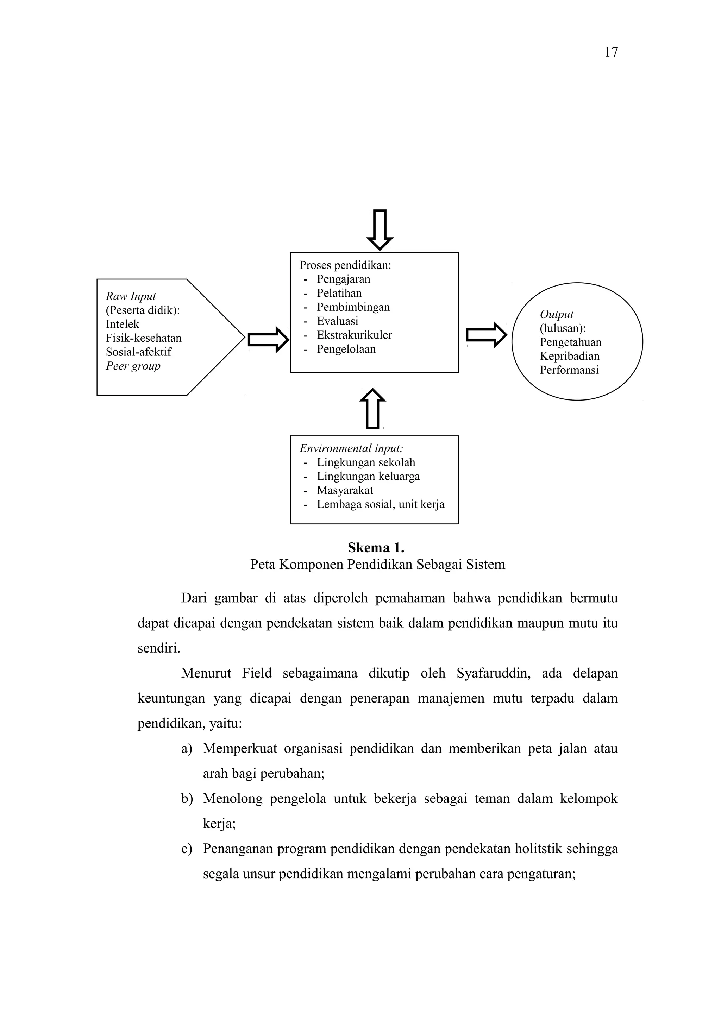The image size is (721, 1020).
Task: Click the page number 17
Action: (x=611, y=52)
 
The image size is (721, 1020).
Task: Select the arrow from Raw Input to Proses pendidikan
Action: (x=268, y=340)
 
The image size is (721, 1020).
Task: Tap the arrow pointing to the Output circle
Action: (x=486, y=334)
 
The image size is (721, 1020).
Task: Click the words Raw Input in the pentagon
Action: (x=131, y=296)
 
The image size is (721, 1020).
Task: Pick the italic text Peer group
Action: (x=133, y=366)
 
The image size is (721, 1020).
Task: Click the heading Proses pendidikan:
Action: (x=345, y=265)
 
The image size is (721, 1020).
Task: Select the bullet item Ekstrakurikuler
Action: (x=354, y=335)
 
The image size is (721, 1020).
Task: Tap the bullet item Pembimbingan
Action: (x=353, y=307)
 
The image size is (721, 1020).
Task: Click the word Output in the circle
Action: (x=556, y=315)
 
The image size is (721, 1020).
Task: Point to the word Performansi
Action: (x=569, y=370)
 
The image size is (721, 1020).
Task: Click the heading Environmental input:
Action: (x=351, y=448)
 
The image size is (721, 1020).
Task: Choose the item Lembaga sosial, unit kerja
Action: (x=380, y=504)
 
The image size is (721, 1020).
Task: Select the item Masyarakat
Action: (x=345, y=490)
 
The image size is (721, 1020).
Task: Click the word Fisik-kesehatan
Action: (x=144, y=338)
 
